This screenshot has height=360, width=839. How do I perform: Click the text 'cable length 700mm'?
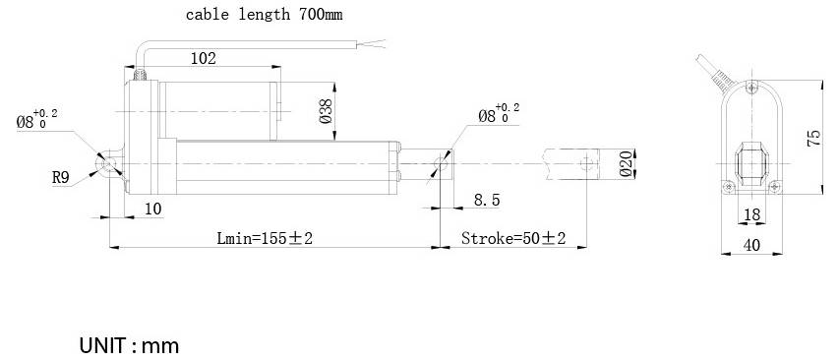[x=264, y=15]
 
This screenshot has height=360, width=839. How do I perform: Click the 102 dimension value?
[x=204, y=58]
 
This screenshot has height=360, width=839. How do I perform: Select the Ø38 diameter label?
[x=326, y=111]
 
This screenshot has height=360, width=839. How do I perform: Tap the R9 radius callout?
[x=61, y=178]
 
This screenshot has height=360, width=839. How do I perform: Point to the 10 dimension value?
[x=153, y=209]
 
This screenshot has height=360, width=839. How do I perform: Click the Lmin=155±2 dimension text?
[x=265, y=238]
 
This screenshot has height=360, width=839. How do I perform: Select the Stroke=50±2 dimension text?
[x=513, y=238]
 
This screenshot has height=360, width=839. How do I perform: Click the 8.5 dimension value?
[x=487, y=200]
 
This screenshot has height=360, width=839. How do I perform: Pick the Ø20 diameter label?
[x=626, y=164]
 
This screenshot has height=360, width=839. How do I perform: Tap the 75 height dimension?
[x=812, y=139]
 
